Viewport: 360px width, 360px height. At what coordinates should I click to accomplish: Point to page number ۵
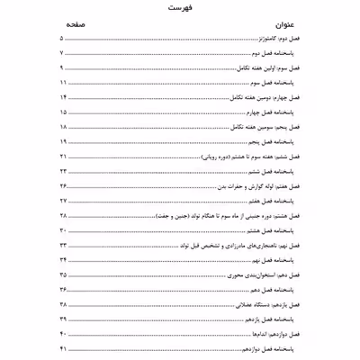pos(61,41)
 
